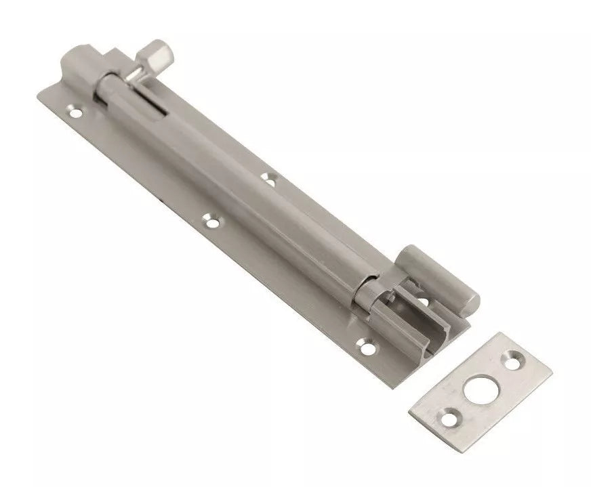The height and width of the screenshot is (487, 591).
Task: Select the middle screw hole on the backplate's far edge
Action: pos(269,179)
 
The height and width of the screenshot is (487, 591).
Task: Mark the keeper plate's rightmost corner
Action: pos(550,374)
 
